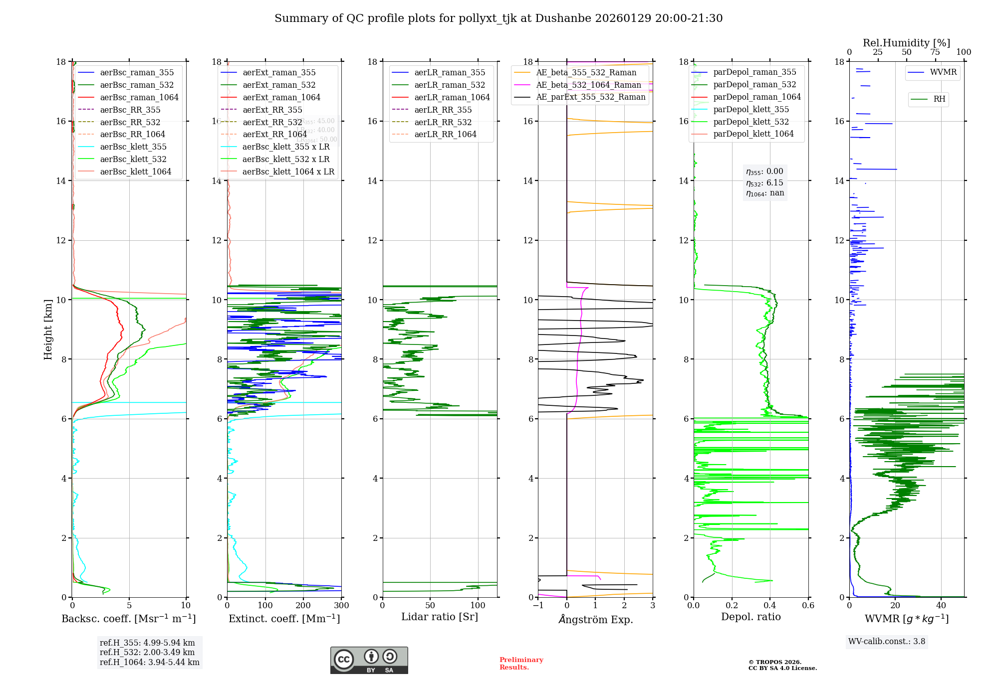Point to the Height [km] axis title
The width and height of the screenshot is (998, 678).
click(48, 329)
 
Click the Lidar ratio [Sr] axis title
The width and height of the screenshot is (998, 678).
click(439, 617)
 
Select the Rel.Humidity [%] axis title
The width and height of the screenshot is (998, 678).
click(906, 43)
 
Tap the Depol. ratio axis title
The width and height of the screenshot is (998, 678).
click(750, 617)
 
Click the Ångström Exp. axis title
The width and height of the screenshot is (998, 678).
click(595, 620)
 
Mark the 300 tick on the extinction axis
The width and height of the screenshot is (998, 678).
click(341, 606)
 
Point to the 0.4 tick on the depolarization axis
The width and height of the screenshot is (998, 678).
click(770, 606)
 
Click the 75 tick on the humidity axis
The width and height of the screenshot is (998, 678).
click(935, 52)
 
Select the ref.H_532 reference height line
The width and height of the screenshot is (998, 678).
click(147, 653)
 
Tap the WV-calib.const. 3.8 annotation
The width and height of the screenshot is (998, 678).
click(886, 642)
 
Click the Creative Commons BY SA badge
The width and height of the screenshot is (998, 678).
click(369, 661)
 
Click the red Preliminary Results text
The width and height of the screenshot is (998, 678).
click(521, 664)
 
